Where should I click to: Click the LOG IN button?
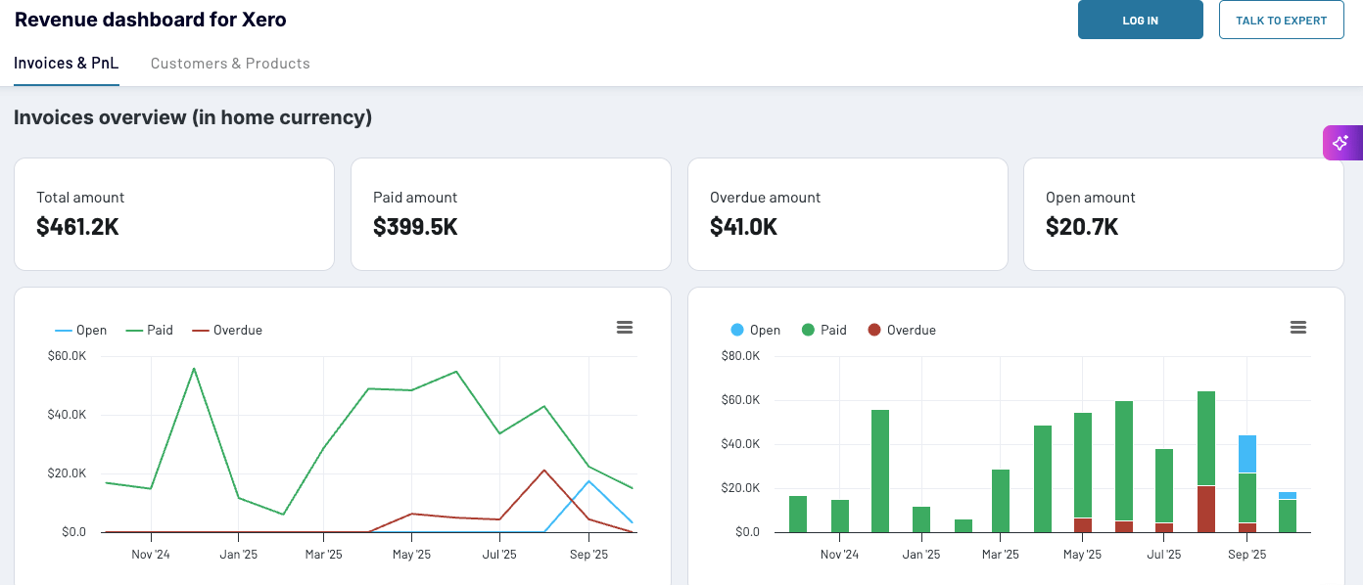click(x=1140, y=20)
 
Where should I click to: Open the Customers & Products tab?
click(x=230, y=64)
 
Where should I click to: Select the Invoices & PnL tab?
click(x=67, y=64)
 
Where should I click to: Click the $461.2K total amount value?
click(x=77, y=227)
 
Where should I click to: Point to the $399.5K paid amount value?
click(x=415, y=227)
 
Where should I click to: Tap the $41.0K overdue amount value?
click(x=743, y=227)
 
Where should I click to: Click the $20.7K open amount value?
click(x=1081, y=227)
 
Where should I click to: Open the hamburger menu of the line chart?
click(x=625, y=328)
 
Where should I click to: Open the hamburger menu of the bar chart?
click(x=1298, y=328)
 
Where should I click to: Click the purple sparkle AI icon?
click(x=1341, y=143)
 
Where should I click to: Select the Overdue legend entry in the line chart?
click(x=227, y=331)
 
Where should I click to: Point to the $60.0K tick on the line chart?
click(x=67, y=356)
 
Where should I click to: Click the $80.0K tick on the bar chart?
click(x=740, y=356)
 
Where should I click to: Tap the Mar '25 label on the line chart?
click(x=324, y=555)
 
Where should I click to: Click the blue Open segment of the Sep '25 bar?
click(x=1246, y=454)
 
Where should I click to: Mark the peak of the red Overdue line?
click(x=544, y=471)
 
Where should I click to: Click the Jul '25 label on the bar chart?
click(x=1164, y=555)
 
